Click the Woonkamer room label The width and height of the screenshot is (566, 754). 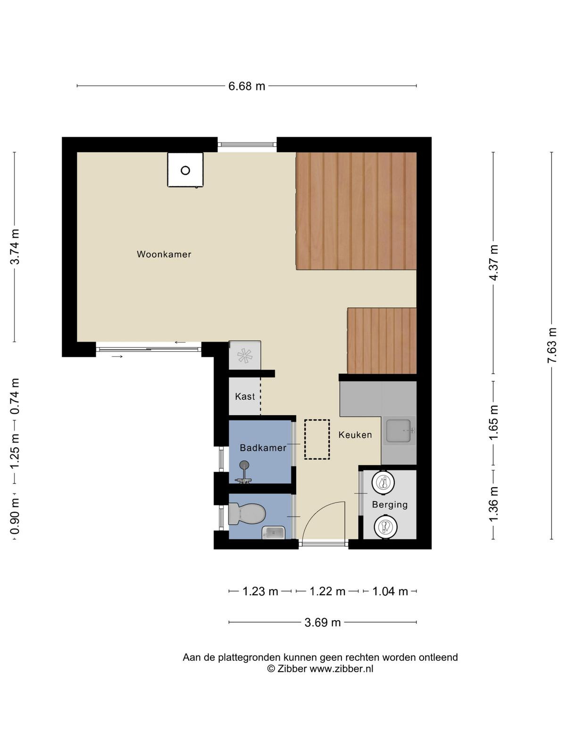[164, 254]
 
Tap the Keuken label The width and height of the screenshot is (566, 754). [355, 435]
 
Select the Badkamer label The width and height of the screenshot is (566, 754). [263, 448]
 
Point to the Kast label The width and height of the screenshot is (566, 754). [245, 396]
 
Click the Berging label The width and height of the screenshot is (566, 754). [390, 505]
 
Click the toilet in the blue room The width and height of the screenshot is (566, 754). [247, 514]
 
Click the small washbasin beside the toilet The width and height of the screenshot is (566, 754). [273, 532]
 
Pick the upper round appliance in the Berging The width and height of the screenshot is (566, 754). [383, 482]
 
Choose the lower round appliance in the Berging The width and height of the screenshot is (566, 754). [385, 526]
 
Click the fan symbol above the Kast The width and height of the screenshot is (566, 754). [245, 355]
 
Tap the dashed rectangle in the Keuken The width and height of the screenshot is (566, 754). [317, 439]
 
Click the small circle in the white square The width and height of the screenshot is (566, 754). [185, 171]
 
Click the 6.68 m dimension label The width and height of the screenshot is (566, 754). [247, 86]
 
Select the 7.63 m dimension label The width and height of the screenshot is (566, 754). [552, 345]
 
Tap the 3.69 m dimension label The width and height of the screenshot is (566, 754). [322, 622]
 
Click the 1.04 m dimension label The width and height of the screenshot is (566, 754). [390, 591]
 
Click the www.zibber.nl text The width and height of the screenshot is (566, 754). [341, 668]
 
